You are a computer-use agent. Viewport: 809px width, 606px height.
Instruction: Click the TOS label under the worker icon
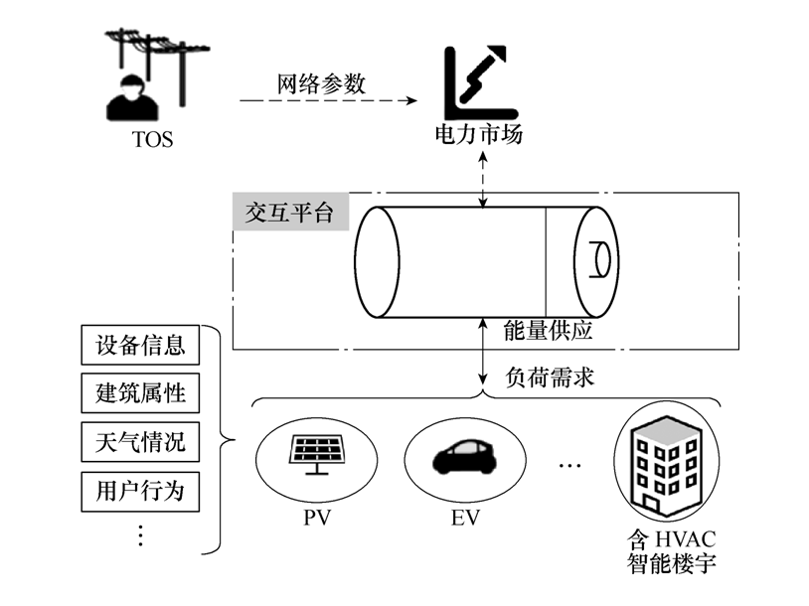tap(152, 139)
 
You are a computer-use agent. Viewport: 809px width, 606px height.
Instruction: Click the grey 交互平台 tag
tap(290, 213)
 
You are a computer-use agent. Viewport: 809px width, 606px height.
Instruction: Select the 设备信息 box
tap(140, 347)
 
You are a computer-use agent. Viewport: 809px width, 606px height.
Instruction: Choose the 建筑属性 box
tap(140, 394)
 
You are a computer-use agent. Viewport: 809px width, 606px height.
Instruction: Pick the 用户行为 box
tap(140, 490)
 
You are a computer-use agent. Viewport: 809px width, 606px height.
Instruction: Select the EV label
tap(464, 518)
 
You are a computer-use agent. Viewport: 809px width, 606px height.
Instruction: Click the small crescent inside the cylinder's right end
tap(599, 261)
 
